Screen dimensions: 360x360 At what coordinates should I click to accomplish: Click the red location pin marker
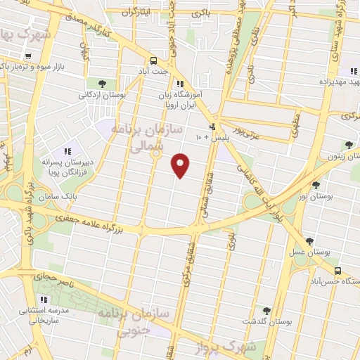point(181,165)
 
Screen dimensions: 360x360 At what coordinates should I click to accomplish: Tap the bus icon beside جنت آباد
point(154,60)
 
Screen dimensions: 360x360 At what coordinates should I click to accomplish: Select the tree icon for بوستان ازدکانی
point(103,84)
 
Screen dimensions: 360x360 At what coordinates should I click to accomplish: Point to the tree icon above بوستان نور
point(316,186)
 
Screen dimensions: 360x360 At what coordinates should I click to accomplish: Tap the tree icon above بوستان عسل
point(309,240)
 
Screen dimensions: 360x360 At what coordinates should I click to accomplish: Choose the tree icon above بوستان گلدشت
point(266,310)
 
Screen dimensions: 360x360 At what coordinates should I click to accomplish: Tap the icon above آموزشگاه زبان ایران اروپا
point(180,84)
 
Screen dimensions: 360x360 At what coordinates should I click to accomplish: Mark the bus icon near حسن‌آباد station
point(338,270)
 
